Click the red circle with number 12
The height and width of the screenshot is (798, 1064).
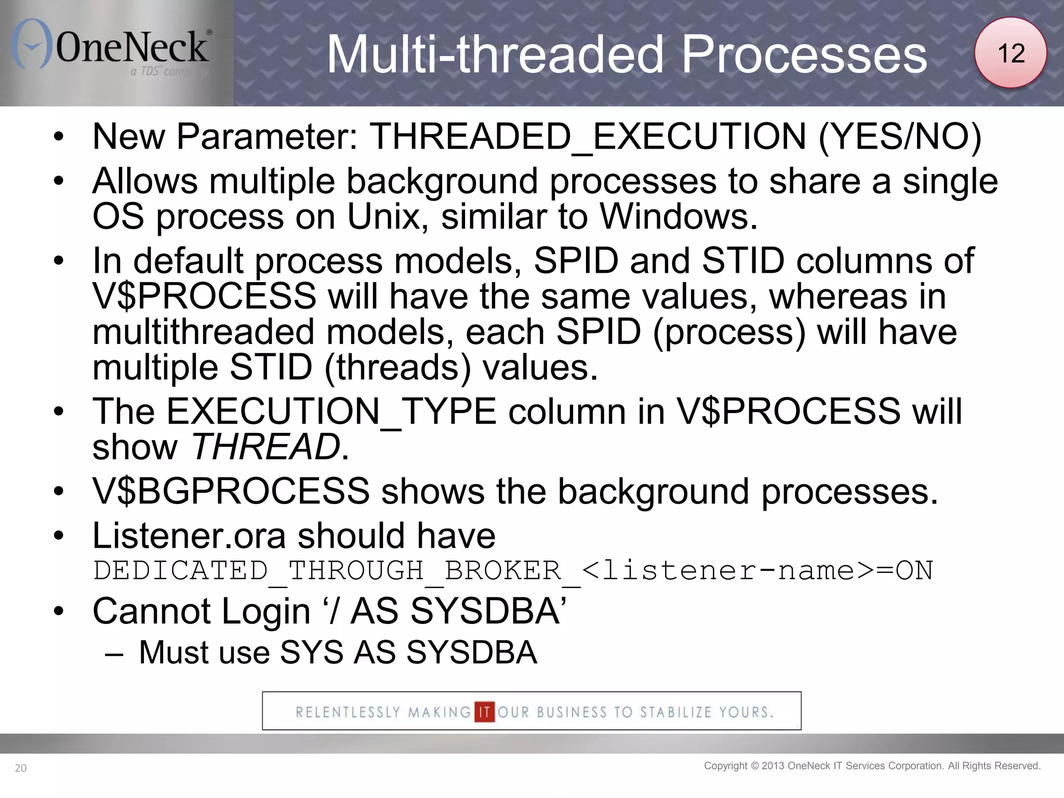(1010, 53)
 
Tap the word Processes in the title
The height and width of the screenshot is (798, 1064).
(804, 55)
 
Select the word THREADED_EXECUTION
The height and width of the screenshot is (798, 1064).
(588, 137)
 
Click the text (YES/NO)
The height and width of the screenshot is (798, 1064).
(900, 137)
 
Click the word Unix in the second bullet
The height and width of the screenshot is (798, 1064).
(383, 216)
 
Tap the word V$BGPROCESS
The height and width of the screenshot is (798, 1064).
(231, 491)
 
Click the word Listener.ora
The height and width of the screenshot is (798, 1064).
(189, 536)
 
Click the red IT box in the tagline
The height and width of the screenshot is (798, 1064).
(484, 712)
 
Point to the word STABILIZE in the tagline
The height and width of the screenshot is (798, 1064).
(675, 712)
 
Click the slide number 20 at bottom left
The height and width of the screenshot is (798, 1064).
(21, 768)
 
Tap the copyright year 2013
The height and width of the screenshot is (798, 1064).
(773, 766)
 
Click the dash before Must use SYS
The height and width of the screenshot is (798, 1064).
(114, 653)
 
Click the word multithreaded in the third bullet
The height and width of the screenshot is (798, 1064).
(203, 332)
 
